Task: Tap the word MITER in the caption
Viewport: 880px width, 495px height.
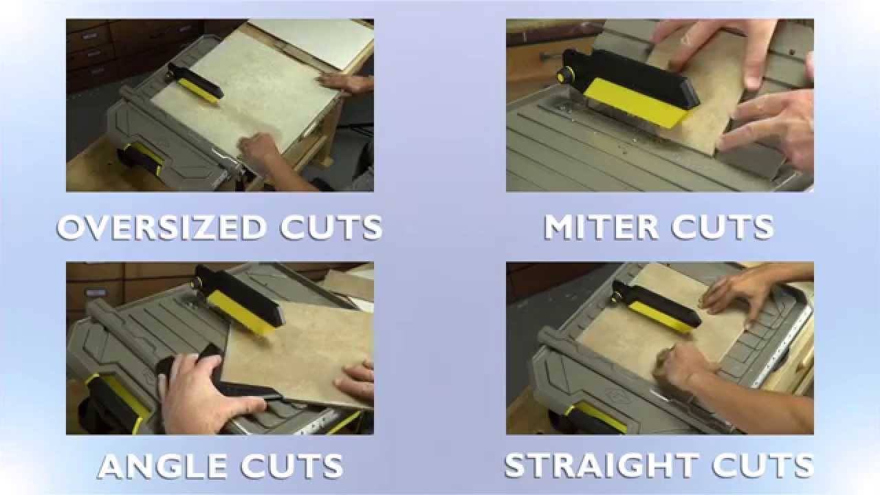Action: point(602,228)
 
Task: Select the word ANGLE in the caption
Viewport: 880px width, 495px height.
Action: point(162,466)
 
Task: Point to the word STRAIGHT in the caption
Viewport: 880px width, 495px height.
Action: point(602,466)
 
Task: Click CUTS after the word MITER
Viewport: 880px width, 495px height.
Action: point(723,228)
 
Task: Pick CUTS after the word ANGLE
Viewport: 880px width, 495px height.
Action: point(292,466)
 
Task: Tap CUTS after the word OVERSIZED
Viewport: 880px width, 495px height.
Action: point(331,228)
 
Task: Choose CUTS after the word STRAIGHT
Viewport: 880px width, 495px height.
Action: point(763,466)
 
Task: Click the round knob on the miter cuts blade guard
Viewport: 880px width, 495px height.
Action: point(566,75)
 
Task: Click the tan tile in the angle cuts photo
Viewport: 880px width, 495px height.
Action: point(298,353)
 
